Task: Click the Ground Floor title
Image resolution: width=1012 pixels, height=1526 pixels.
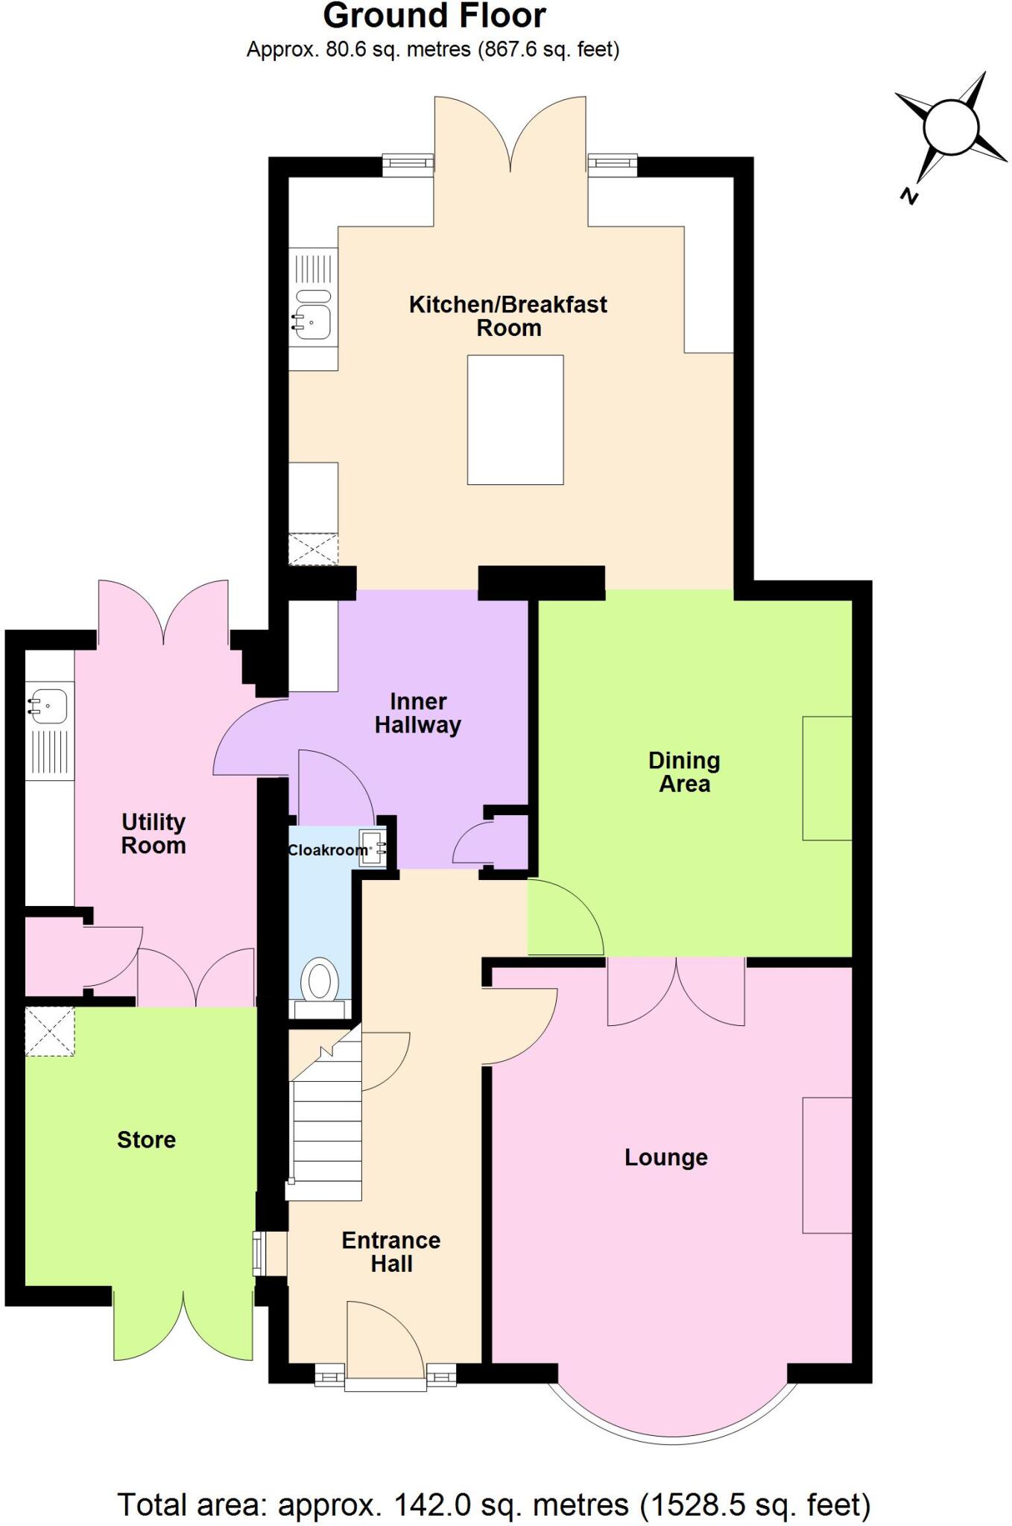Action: pos(434,16)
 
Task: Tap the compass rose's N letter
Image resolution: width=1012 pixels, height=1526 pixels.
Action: pos(908,196)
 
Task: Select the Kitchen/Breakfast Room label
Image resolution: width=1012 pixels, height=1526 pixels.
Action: pos(508,316)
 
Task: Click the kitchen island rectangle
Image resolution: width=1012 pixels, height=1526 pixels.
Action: pos(515,420)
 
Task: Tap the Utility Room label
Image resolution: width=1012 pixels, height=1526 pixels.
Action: pos(154,834)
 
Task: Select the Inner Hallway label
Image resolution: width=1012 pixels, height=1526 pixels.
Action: pos(418,713)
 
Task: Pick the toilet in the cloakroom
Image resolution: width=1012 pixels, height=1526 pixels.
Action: pos(321,981)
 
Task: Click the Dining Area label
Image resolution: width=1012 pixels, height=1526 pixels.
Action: pos(684,772)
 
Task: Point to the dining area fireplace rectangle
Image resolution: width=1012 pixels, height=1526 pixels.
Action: pos(826,778)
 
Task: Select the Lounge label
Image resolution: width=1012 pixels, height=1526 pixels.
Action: pos(666,1157)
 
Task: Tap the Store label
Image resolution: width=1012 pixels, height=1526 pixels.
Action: pos(146,1139)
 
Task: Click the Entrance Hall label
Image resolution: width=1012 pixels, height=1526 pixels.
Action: pos(391,1252)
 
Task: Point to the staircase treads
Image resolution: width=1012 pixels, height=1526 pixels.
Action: pos(326,1133)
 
